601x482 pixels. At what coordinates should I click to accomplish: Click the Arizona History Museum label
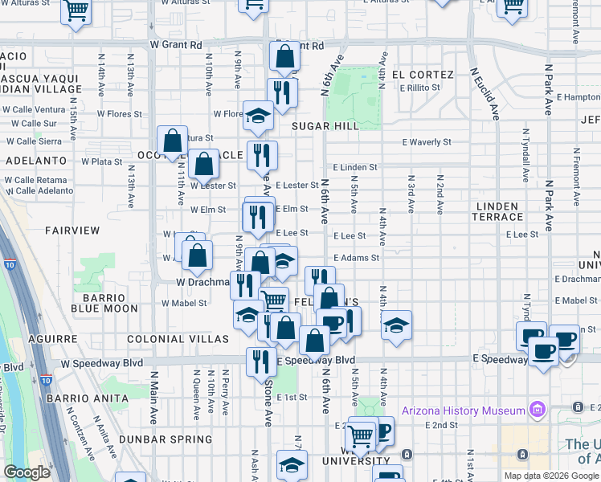point(464,411)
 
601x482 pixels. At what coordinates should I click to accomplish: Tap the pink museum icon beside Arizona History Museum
point(538,411)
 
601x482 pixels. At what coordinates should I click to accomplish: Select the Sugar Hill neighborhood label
point(325,127)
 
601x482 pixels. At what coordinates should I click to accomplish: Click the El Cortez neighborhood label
point(423,75)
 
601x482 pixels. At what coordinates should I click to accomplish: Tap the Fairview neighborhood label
point(72,230)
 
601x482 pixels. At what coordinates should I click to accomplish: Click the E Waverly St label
point(427,142)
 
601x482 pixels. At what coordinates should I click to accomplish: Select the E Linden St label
point(354,167)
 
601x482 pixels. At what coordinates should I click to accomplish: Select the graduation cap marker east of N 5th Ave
point(395,325)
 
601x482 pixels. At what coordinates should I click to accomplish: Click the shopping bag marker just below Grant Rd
point(284,57)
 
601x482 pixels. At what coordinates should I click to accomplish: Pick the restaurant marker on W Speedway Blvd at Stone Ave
point(261,362)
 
